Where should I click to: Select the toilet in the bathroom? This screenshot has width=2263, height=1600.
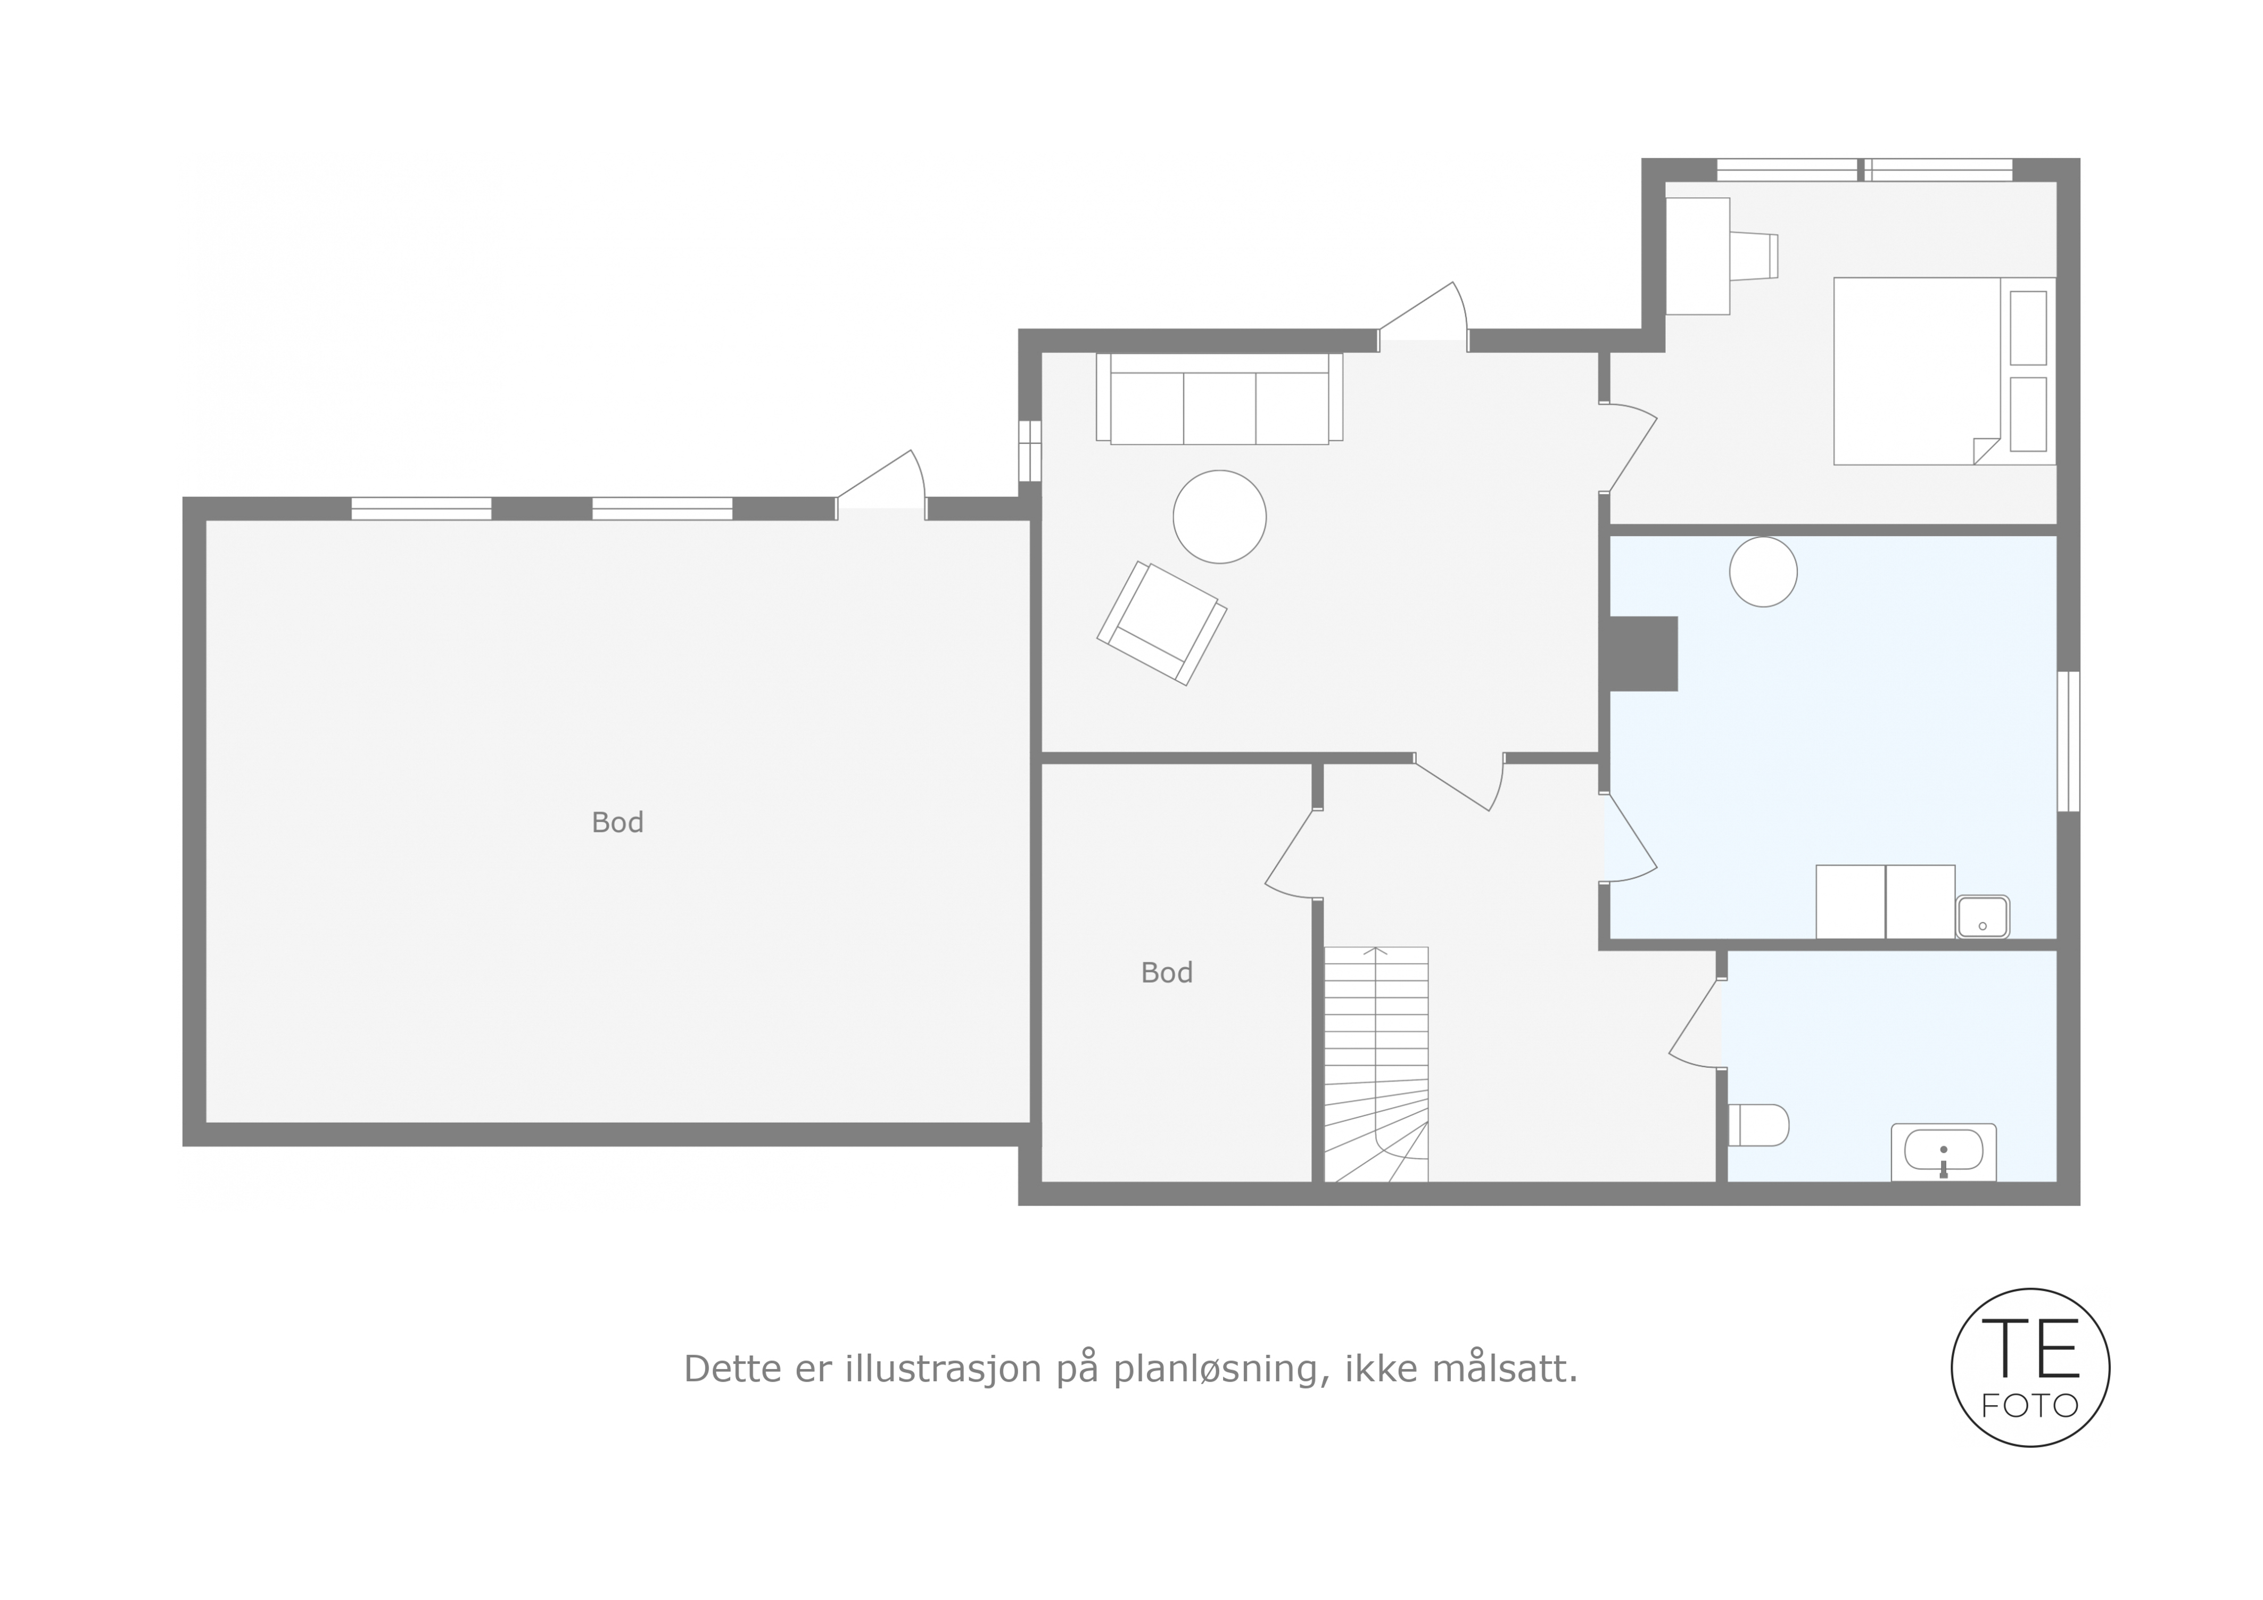1758,1125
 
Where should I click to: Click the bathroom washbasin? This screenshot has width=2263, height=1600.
1944,1151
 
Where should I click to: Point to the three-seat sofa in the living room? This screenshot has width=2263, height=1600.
1219,398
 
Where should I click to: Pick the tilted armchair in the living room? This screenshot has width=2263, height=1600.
1162,623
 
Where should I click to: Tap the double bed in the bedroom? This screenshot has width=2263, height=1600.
1944,370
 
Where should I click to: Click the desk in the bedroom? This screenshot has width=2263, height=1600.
1697,257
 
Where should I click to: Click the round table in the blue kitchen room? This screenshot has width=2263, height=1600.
1763,572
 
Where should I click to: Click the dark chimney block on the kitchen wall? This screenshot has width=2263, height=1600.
1643,654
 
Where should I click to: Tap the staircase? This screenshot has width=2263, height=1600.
1376,1063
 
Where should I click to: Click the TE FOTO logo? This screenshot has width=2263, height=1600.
2030,1367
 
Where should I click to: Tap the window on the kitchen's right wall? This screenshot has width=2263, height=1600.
2068,741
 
